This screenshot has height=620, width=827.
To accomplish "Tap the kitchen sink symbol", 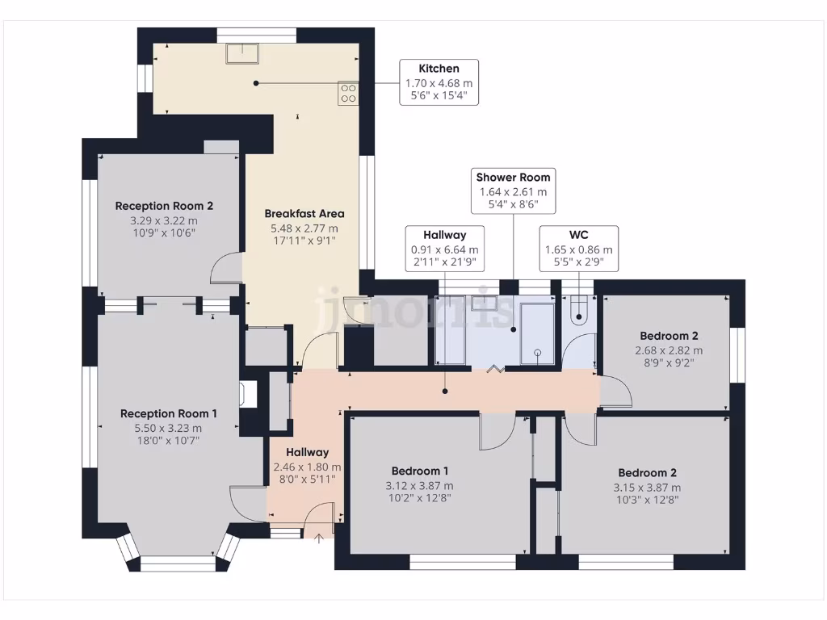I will click(x=243, y=52).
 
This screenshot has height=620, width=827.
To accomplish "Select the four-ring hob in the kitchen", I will click(x=349, y=93).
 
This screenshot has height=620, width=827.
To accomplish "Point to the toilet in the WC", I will click(x=579, y=311).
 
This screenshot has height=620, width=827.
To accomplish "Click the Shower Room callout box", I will click(x=513, y=191).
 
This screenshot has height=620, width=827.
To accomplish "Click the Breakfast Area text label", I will click(x=304, y=214).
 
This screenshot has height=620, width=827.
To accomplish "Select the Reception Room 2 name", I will click(x=164, y=206).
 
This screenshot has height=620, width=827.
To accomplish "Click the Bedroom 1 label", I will click(x=420, y=471).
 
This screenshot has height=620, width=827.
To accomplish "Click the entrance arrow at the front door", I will click(x=319, y=537).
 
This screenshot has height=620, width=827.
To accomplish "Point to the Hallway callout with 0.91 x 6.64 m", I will click(x=444, y=249).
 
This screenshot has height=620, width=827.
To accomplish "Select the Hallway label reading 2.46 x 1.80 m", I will click(x=307, y=466).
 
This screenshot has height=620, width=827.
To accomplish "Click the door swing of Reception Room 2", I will click(x=226, y=268).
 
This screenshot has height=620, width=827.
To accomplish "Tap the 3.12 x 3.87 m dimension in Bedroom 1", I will click(x=420, y=486).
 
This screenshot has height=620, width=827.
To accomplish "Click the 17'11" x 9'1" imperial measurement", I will click(x=304, y=240).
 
